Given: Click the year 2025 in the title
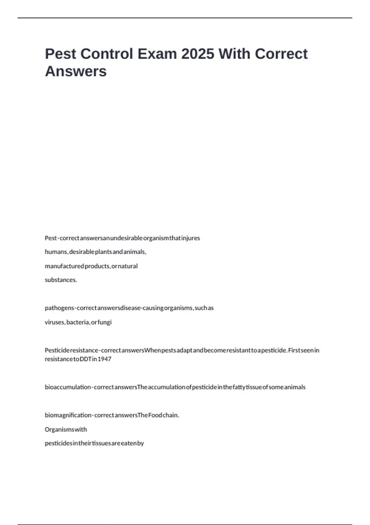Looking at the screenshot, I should tap(198, 54).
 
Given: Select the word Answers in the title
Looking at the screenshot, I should tap(76, 71).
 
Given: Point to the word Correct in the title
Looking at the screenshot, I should tap(281, 54).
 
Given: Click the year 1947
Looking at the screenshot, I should tap(105, 359).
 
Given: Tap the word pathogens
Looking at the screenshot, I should tap(60, 308).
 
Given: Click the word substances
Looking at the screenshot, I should tap(61, 280).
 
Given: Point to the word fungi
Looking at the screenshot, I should tap(105, 322).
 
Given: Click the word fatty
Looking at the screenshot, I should tap(239, 387).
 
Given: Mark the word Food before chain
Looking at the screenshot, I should tap(155, 415).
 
